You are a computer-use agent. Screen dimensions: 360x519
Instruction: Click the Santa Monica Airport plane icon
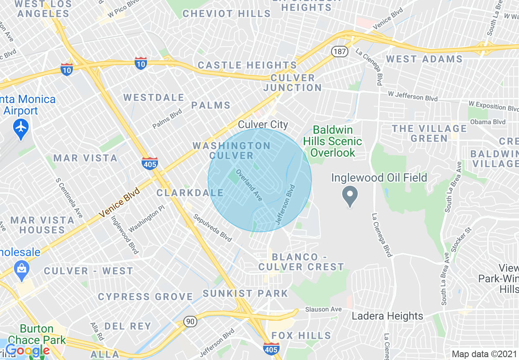[x=21, y=126]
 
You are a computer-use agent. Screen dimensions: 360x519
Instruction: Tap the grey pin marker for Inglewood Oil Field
[x=350, y=196]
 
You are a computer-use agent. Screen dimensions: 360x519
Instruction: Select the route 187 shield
[x=339, y=52]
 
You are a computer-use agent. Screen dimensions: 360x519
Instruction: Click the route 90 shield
[x=190, y=321]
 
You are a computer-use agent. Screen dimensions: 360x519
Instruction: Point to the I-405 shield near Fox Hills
[x=271, y=349]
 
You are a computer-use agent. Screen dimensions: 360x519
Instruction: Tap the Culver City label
[x=263, y=125]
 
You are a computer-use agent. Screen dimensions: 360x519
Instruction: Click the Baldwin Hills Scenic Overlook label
[x=332, y=141]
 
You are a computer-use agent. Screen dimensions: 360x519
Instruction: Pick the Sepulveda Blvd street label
[x=212, y=228]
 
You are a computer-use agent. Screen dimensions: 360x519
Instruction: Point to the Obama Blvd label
[x=487, y=122]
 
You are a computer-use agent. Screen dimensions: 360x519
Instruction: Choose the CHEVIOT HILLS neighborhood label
[x=226, y=13]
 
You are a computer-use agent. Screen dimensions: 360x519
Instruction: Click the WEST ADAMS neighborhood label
[x=424, y=59]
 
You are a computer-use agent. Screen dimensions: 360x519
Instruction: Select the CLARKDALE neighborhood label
[x=190, y=193]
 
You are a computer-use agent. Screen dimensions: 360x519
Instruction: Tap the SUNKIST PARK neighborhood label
[x=245, y=293]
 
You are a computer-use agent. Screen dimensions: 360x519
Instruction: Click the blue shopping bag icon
[x=21, y=269]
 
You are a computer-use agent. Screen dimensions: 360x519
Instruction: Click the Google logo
[x=27, y=351]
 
